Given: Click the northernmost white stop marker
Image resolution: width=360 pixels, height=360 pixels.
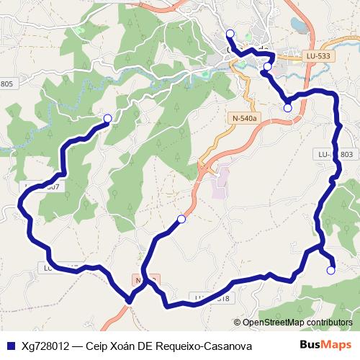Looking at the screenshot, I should point(230,34).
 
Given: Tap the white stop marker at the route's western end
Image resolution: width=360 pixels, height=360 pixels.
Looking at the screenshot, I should point(108,119).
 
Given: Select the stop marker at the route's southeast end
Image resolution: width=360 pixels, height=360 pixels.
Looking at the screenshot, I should point(330,271).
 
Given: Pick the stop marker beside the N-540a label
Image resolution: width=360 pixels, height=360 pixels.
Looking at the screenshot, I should point(288,108).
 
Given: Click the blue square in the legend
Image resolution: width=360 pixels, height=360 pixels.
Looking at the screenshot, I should point(9,346).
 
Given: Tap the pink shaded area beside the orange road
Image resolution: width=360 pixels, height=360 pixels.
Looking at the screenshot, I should point(220,183).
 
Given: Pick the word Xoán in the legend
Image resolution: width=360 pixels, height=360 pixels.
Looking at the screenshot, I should point(126,346).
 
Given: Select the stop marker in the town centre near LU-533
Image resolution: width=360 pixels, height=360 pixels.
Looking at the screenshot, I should point(268,67).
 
